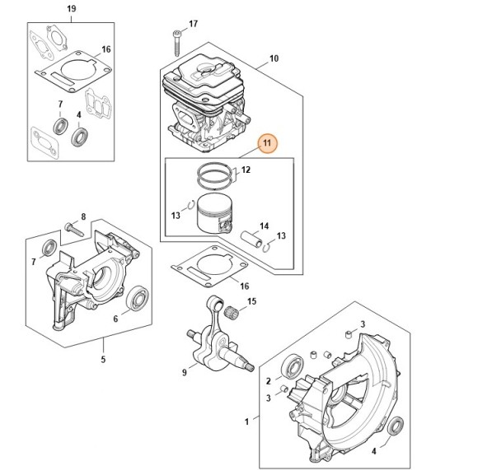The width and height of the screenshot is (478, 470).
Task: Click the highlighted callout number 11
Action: (x=267, y=143)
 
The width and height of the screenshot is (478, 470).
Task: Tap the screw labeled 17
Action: (x=176, y=44)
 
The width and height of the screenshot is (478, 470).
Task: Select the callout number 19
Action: (x=72, y=8)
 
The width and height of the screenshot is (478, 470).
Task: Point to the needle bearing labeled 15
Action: (x=231, y=313)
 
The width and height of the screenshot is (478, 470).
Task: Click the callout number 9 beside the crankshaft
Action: (x=184, y=372)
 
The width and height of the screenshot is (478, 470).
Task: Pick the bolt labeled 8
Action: (x=74, y=229)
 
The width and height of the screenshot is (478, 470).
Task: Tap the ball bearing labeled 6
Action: (x=137, y=298)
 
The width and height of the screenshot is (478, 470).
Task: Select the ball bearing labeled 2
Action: (x=292, y=366)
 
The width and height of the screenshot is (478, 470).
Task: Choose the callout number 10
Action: (x=274, y=58)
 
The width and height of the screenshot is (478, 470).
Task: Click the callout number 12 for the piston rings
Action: (x=246, y=170)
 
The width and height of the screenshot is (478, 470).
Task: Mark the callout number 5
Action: (x=103, y=359)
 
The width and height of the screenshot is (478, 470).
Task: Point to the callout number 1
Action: (x=246, y=421)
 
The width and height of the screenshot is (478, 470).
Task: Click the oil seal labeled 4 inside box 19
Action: (x=80, y=137)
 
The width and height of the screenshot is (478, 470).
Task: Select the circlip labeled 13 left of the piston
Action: (x=191, y=205)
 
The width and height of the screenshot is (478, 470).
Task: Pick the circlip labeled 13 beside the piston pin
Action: (x=266, y=248)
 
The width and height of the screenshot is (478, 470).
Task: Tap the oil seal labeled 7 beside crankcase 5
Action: (x=49, y=247)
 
